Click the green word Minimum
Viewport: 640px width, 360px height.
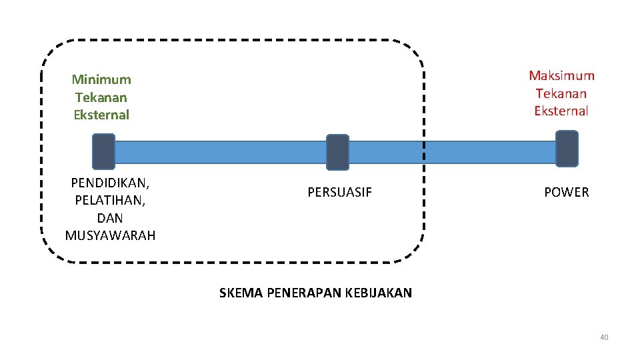click(x=101, y=79)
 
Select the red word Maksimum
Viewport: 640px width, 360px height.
click(x=561, y=76)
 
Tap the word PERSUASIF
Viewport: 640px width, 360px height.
click(x=339, y=193)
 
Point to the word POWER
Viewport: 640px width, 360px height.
click(x=566, y=193)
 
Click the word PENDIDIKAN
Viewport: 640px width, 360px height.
click(x=109, y=183)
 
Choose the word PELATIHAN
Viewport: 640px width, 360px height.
click(x=109, y=200)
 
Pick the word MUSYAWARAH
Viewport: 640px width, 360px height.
click(x=110, y=235)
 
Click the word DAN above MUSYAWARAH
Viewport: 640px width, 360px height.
click(x=110, y=218)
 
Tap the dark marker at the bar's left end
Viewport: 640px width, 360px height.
click(x=103, y=151)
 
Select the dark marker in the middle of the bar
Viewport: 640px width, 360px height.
click(x=337, y=152)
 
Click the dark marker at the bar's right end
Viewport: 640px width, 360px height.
click(x=567, y=149)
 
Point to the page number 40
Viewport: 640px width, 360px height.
click(x=604, y=337)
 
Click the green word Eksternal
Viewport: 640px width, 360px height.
click(x=101, y=115)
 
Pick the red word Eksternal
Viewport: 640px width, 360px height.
click(x=561, y=111)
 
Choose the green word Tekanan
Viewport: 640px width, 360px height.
click(x=101, y=97)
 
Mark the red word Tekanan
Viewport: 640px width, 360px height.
click(x=561, y=93)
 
